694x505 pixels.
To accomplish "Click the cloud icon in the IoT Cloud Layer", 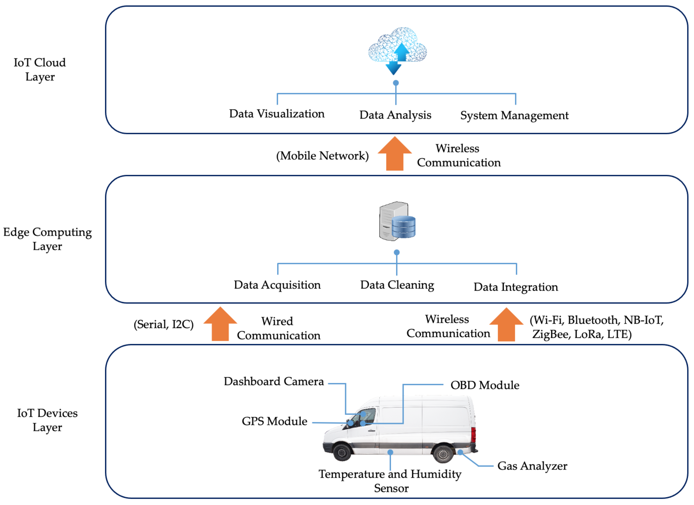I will (x=397, y=49).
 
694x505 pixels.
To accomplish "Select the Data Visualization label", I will (x=277, y=114).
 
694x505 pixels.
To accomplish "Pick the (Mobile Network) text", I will (x=322, y=156).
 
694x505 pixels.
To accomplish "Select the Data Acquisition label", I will (x=277, y=285).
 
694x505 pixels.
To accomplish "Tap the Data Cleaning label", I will (x=397, y=285).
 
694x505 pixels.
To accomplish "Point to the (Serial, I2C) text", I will (x=163, y=324).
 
